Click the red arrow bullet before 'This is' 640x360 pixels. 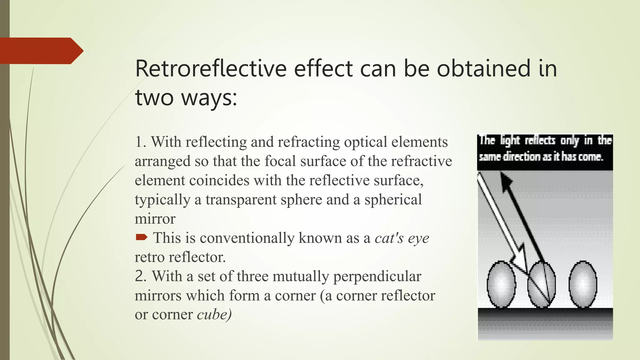pos(141,238)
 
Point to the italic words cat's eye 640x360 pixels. pos(402,238)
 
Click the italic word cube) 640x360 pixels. pos(214,315)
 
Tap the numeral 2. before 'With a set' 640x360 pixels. pos(140,277)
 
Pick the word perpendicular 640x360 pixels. pos(377,277)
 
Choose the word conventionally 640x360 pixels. pos(247,238)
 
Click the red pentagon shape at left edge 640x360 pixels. pos(39,51)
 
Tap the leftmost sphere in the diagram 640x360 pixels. pos(501,284)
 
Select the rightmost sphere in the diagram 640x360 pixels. pos(583,284)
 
